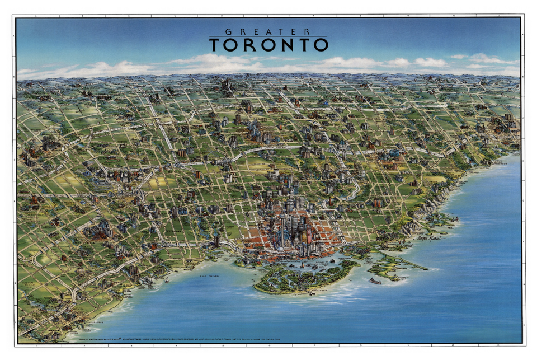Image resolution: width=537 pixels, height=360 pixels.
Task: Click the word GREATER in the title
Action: coord(268,32)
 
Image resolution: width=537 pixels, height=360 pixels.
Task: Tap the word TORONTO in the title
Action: coord(268,45)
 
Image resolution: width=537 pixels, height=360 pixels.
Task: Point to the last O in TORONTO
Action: coord(321,45)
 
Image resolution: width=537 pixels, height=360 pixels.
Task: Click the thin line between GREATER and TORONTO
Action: coord(268,37)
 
